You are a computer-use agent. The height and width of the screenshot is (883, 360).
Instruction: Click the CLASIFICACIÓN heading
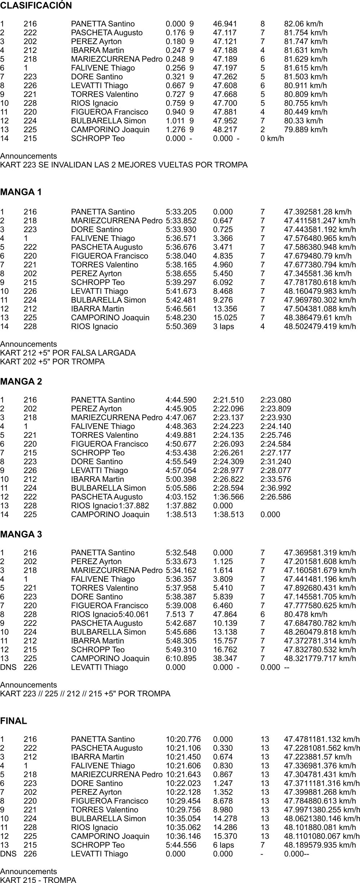tap(36, 6)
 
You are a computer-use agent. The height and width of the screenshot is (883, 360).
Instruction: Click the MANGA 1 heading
tap(21, 192)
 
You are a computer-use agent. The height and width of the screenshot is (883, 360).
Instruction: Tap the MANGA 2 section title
tap(21, 382)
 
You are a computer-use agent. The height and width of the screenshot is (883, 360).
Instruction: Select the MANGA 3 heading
tap(21, 535)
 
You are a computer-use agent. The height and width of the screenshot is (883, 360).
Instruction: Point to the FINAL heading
tap(14, 721)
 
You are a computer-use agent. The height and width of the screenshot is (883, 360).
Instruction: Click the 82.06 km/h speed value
tap(303, 24)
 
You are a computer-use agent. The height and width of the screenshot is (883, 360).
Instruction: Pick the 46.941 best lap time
tap(225, 24)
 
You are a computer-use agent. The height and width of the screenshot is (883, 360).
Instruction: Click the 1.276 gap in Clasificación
tap(175, 130)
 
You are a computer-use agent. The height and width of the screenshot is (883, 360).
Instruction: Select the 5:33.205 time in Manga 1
tap(181, 212)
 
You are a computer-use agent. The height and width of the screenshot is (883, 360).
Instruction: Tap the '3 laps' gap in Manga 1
tap(223, 326)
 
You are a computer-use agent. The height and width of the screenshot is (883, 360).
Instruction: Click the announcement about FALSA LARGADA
tap(68, 353)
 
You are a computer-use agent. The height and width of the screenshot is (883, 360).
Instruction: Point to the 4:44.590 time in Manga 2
tap(181, 400)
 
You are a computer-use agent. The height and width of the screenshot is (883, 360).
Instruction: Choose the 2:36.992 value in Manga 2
tap(276, 488)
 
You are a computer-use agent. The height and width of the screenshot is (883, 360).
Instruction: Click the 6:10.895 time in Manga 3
tap(181, 659)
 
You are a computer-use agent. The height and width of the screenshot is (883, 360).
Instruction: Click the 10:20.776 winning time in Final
tap(183, 739)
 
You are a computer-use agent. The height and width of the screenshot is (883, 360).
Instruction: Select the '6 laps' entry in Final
tap(223, 845)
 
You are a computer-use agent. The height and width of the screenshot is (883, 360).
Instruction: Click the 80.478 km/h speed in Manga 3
tap(306, 615)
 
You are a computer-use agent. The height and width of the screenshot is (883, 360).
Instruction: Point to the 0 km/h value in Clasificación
tap(272, 139)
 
